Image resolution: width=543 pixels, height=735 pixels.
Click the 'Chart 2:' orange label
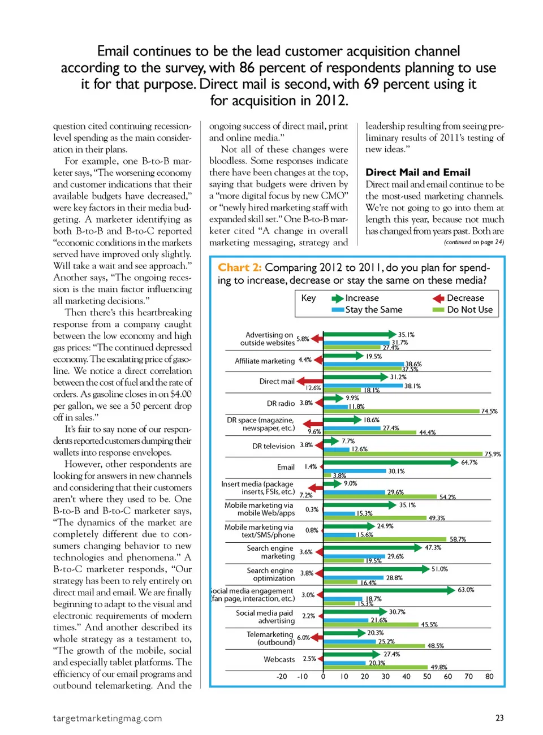[x=239, y=267]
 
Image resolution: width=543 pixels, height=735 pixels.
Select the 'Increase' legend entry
[x=361, y=298]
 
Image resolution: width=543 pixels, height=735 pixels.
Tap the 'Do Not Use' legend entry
[x=469, y=309]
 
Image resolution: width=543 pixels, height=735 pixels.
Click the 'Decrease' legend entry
[x=465, y=298]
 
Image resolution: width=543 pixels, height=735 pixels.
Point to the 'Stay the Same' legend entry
[x=373, y=309]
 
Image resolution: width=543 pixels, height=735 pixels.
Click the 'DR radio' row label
[x=281, y=403]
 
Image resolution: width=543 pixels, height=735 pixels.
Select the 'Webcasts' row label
[x=279, y=659]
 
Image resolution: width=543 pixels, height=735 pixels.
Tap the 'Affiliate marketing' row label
[x=265, y=361]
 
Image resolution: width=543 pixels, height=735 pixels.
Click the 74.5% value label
[x=489, y=411]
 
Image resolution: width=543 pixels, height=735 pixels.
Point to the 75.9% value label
[x=492, y=454]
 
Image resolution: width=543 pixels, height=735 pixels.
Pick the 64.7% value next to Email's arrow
[x=469, y=462]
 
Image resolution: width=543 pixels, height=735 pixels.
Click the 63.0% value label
[x=466, y=590]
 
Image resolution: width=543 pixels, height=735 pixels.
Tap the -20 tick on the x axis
[x=282, y=676]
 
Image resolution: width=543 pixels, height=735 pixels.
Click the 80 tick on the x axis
[x=489, y=676]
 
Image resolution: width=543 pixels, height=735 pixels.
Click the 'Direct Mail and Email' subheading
[x=417, y=172]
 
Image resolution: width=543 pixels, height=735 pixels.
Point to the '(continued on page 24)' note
[x=473, y=242]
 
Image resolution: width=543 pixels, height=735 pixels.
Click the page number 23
[x=499, y=718]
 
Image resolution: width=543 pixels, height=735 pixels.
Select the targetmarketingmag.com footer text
[x=107, y=718]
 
